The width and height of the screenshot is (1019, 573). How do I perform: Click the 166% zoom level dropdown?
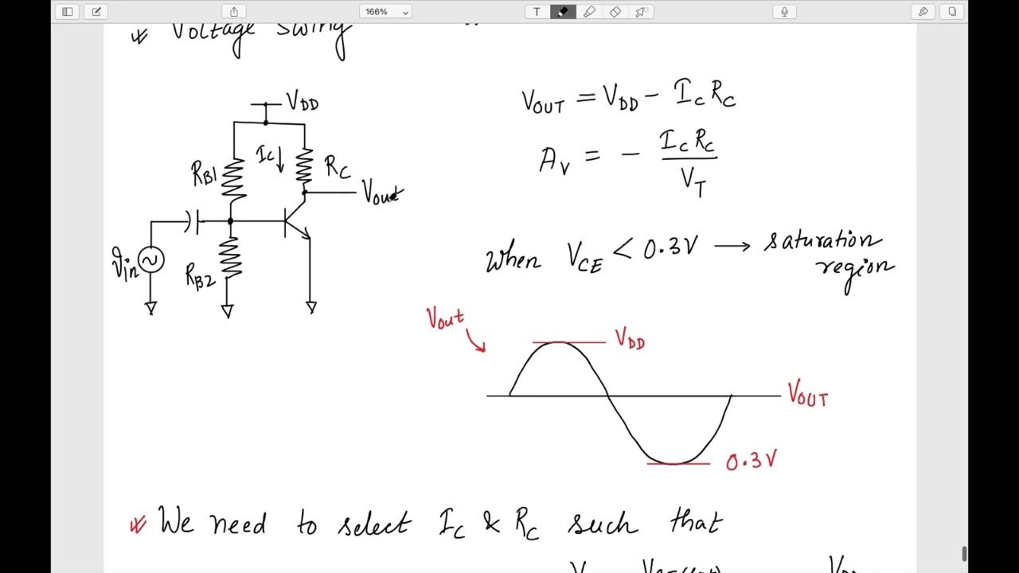[x=385, y=12]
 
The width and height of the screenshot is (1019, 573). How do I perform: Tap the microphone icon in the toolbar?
[x=784, y=12]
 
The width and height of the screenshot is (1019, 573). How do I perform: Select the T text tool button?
[x=537, y=12]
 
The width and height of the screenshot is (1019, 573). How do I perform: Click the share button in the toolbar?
[x=234, y=12]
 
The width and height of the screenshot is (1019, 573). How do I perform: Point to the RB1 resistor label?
[x=205, y=173]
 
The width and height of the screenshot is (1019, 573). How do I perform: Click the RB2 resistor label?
[x=200, y=275]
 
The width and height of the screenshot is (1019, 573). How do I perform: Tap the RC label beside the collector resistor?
[x=337, y=167]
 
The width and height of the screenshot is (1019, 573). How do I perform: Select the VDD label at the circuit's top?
[x=303, y=102]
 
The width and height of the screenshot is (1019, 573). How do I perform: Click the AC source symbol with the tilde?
[x=150, y=259]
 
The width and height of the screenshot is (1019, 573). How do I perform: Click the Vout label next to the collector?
[x=382, y=193]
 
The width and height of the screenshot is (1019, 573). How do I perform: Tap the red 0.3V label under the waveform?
[x=751, y=461]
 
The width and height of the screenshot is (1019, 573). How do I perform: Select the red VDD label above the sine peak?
[x=630, y=339]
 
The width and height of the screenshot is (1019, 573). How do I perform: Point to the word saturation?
[x=822, y=241]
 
